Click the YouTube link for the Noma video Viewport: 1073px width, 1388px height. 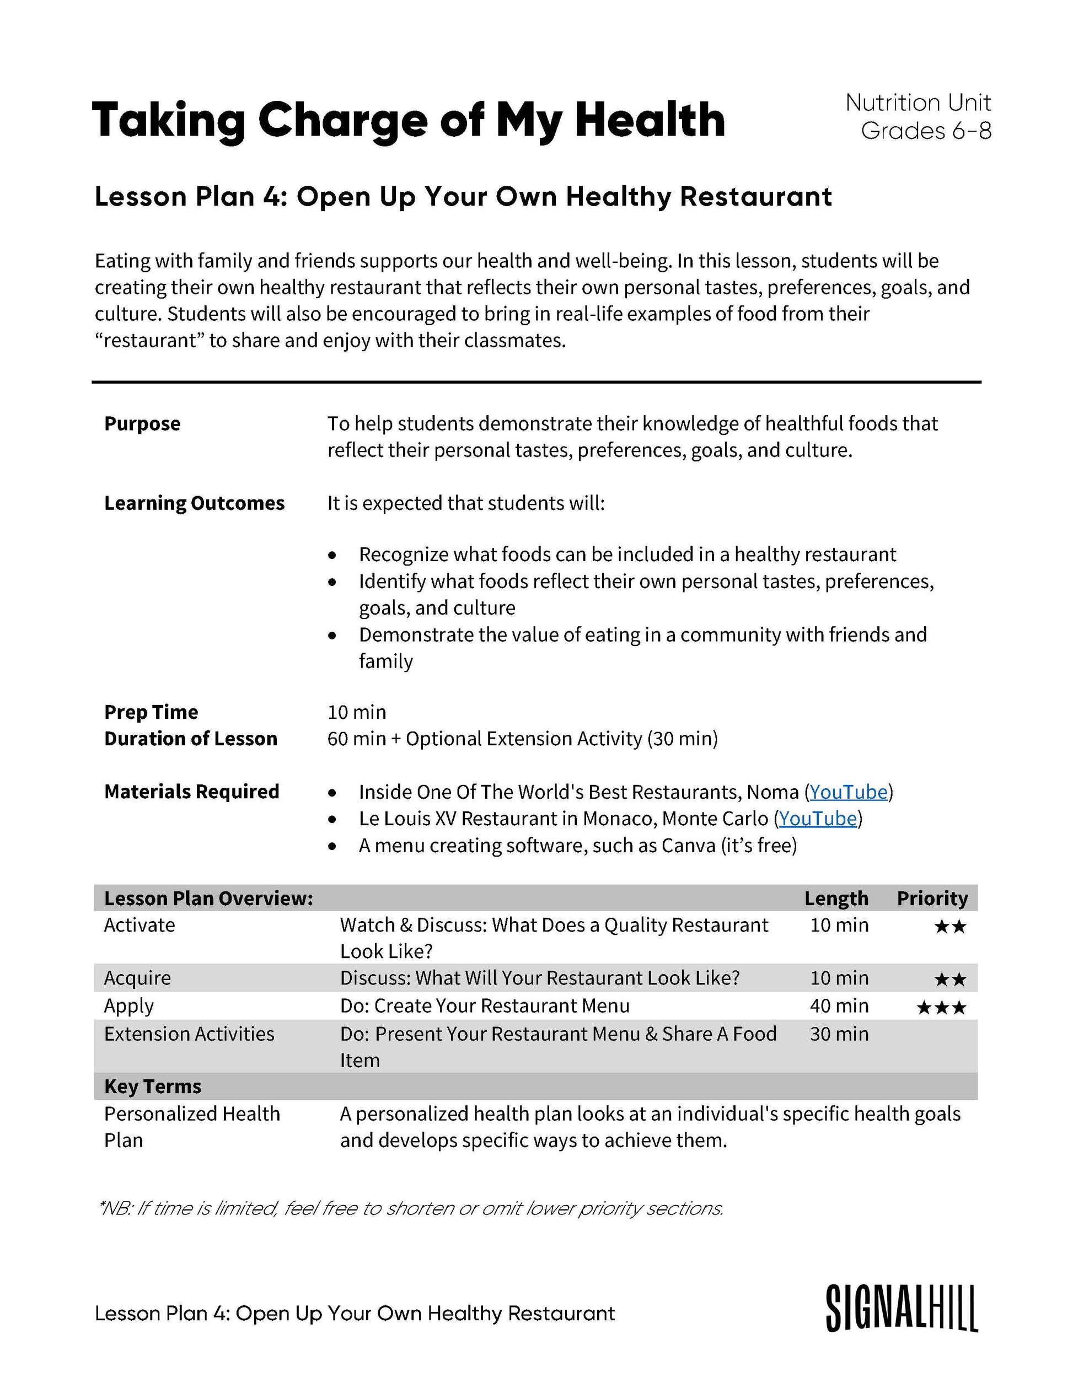click(848, 792)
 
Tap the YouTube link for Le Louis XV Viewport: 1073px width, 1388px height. click(818, 819)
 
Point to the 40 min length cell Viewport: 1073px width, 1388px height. click(839, 1006)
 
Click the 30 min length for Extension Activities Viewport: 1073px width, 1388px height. click(839, 1034)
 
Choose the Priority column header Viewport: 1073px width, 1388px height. click(932, 898)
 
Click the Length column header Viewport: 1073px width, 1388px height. click(836, 898)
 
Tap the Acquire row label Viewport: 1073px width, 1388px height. click(137, 978)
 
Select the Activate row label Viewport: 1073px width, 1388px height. click(139, 925)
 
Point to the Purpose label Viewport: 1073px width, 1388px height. click(142, 424)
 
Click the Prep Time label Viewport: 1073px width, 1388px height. click(151, 712)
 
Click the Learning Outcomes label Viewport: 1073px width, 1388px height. click(195, 503)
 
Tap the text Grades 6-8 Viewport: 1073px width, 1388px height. click(926, 131)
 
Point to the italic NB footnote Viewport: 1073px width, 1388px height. click(411, 1208)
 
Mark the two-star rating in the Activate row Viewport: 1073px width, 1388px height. click(951, 927)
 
